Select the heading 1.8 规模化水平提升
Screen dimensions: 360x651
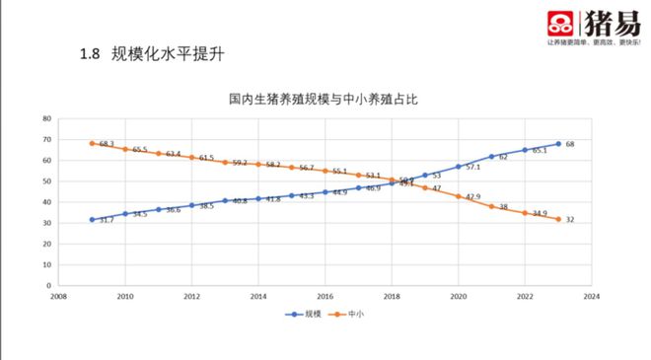[x=159, y=53]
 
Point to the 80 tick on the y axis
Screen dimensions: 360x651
[x=46, y=118]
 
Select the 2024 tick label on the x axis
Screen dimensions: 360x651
[x=591, y=295]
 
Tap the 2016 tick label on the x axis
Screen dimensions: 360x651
[x=325, y=295]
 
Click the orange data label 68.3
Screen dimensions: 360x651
[x=108, y=144]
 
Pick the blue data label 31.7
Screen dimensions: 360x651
[x=108, y=220]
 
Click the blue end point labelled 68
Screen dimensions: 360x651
[x=558, y=144]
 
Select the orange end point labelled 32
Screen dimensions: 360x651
[x=558, y=219]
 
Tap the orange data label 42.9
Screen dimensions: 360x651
[x=473, y=197]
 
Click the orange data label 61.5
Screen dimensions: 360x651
[x=206, y=158]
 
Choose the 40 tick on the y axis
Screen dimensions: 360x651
[x=46, y=202]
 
